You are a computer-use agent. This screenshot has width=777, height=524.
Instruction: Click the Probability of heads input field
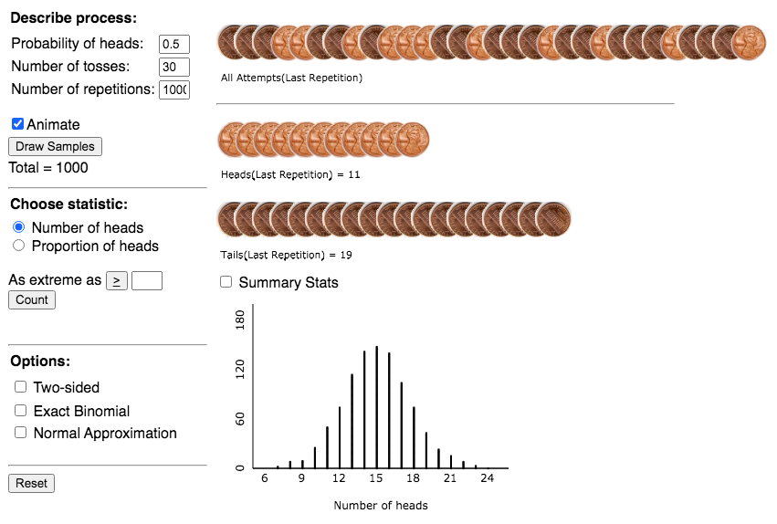[x=173, y=44]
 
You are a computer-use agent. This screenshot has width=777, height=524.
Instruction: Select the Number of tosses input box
[x=173, y=67]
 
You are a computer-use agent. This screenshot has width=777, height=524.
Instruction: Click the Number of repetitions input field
[x=173, y=89]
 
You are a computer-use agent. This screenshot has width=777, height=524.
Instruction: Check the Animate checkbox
[x=17, y=124]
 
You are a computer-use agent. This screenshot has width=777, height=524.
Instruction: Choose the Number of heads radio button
[x=18, y=227]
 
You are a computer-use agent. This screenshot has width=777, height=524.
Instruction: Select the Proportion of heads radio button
[x=18, y=246]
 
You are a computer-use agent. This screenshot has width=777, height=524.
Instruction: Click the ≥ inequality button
[x=117, y=280]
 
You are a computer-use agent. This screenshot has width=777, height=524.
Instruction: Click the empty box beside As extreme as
[x=147, y=280]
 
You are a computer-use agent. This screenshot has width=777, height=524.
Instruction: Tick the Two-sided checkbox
[x=21, y=387]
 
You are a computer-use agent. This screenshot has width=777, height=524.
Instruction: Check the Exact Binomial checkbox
[x=21, y=411]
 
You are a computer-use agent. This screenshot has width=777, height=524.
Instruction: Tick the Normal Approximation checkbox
[x=21, y=433]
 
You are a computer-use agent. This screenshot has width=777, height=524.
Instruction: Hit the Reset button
[x=31, y=483]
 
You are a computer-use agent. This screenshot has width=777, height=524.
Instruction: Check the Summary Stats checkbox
[x=226, y=282]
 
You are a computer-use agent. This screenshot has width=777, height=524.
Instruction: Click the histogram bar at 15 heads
[x=376, y=406]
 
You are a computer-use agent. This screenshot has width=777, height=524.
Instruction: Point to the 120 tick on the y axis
[x=240, y=369]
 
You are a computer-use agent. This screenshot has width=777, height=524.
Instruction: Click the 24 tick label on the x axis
[x=488, y=478]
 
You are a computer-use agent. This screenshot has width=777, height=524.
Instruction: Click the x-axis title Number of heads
[x=380, y=505]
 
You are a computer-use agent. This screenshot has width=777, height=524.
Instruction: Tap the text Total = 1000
[x=48, y=167]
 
